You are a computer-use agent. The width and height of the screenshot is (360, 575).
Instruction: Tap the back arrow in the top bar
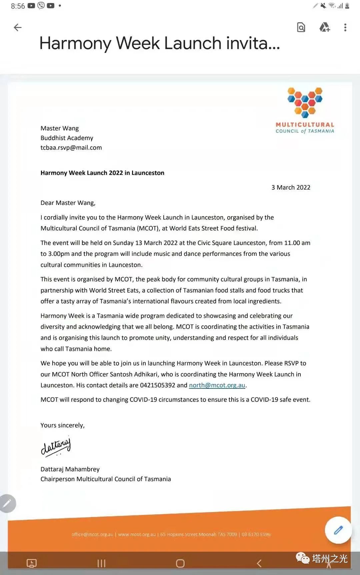[x=18, y=27]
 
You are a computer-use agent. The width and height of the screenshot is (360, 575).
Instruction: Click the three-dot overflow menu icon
[x=345, y=27]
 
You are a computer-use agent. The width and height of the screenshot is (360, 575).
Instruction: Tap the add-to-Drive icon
[x=324, y=27]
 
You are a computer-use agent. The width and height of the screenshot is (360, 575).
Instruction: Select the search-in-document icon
[x=301, y=27]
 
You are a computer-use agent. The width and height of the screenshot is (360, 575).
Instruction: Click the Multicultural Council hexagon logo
[x=305, y=103]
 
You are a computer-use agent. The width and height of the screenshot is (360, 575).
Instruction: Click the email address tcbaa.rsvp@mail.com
[x=71, y=148]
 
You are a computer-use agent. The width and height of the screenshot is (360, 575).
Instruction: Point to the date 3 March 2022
[x=291, y=187]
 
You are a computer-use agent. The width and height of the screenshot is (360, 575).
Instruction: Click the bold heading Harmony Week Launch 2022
[x=102, y=173]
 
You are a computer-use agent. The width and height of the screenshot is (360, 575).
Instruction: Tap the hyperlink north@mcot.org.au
[x=217, y=385]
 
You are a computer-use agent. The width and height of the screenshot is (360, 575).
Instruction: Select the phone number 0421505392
[x=157, y=385]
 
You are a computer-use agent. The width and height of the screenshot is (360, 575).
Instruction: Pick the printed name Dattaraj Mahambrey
[x=70, y=469]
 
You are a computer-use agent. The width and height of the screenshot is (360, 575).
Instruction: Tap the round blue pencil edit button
[x=338, y=530]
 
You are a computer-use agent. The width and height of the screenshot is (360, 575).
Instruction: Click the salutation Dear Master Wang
[x=68, y=203]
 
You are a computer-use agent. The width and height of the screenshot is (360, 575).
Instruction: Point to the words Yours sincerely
[x=62, y=425]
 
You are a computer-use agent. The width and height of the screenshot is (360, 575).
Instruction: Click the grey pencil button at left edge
[x=7, y=503]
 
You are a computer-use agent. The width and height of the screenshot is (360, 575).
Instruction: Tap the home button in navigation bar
[x=180, y=563]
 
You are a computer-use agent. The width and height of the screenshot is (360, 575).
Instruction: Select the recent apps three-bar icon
[x=101, y=563]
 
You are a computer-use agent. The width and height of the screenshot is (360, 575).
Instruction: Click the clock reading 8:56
[x=18, y=6]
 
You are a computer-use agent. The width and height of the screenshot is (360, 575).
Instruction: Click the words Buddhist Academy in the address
[x=67, y=138]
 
